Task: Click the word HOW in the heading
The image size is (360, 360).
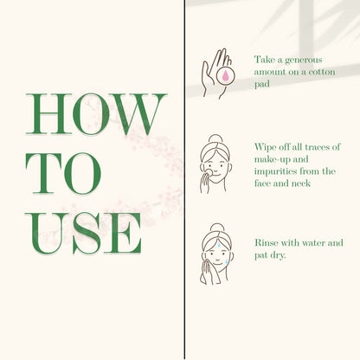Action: click(x=96, y=114)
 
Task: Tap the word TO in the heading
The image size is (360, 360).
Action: click(x=63, y=173)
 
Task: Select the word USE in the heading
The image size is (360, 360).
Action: click(x=83, y=233)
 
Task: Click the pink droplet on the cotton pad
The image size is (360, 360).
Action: click(x=226, y=75)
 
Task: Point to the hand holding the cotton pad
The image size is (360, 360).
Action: click(x=215, y=72)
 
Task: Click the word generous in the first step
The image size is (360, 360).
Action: click(x=303, y=61)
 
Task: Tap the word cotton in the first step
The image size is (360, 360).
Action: click(x=322, y=72)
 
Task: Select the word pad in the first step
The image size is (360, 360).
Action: click(x=262, y=84)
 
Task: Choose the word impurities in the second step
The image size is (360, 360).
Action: click(x=275, y=171)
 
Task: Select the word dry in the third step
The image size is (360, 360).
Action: click(x=278, y=255)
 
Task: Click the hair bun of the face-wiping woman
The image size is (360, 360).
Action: click(x=215, y=138)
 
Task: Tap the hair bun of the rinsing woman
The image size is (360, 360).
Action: click(x=217, y=227)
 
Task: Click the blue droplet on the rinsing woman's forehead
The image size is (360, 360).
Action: click(x=219, y=245)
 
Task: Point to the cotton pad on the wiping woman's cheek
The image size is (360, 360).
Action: click(x=209, y=173)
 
